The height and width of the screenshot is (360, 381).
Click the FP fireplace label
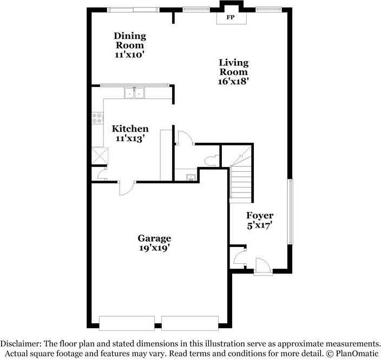pos(231,17)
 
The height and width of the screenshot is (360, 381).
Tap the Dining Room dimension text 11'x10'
pos(129,55)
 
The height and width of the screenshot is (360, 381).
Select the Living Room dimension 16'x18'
pos(233,82)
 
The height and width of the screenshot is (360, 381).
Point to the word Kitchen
pos(130,129)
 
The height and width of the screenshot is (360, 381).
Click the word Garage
pos(154,238)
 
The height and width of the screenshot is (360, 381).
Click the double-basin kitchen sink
pos(135,94)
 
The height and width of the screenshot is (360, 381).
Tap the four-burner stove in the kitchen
pos(97,118)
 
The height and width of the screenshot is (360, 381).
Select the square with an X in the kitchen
pos(99,156)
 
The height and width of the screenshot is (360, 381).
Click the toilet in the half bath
pos(212,160)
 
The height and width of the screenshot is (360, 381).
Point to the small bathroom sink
pos(190,177)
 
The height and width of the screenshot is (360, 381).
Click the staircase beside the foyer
pos(241,181)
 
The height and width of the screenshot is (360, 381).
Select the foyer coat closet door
pos(239,256)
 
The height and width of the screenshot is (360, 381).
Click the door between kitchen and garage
pos(126,187)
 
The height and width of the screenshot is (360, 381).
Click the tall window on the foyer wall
pos(290,212)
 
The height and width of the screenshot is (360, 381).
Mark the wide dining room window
pos(133,9)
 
